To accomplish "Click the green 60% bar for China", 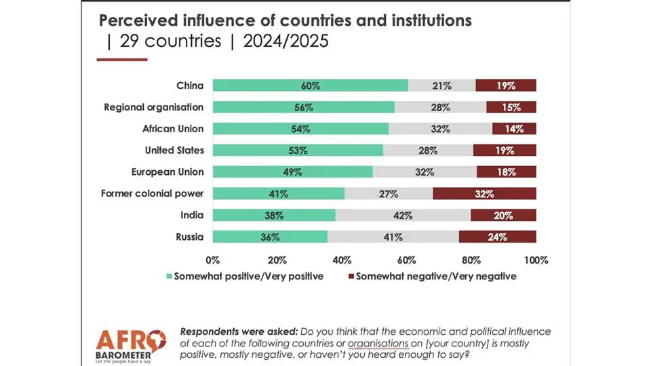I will click(x=311, y=85).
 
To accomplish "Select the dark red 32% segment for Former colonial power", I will click(x=484, y=194).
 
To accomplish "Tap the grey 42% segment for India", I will click(x=403, y=216).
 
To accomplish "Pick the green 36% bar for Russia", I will click(x=270, y=237).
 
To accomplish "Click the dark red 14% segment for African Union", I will click(x=514, y=129).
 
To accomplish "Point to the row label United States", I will click(x=174, y=150).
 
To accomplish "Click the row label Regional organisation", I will click(x=153, y=107).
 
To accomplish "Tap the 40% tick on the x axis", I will click(x=342, y=260).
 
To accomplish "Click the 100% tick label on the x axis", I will click(x=536, y=260).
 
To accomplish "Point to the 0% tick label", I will click(x=213, y=260).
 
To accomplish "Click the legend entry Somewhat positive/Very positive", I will click(x=248, y=276).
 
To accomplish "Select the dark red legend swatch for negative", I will click(x=351, y=277).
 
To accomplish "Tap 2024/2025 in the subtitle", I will click(x=286, y=41).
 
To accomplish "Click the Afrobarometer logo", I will click(x=130, y=346).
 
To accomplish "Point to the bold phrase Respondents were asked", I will click(x=229, y=331).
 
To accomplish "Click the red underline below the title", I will click(x=122, y=60).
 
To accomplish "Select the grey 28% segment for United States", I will click(x=428, y=150).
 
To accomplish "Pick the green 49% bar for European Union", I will click(x=292, y=172).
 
